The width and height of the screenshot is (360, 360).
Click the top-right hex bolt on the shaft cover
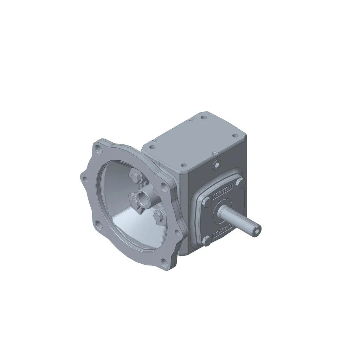(x=240, y=183)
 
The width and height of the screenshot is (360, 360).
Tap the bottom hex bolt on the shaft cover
(x=207, y=240)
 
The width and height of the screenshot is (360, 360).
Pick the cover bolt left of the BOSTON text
(x=207, y=202)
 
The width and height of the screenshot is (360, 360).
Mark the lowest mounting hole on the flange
(x=165, y=262)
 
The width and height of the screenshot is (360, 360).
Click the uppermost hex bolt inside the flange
(x=135, y=174)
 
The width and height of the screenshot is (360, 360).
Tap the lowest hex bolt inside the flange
(x=158, y=218)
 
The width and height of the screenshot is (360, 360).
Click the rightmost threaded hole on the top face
(x=234, y=136)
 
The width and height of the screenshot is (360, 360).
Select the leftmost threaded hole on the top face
(x=152, y=147)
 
